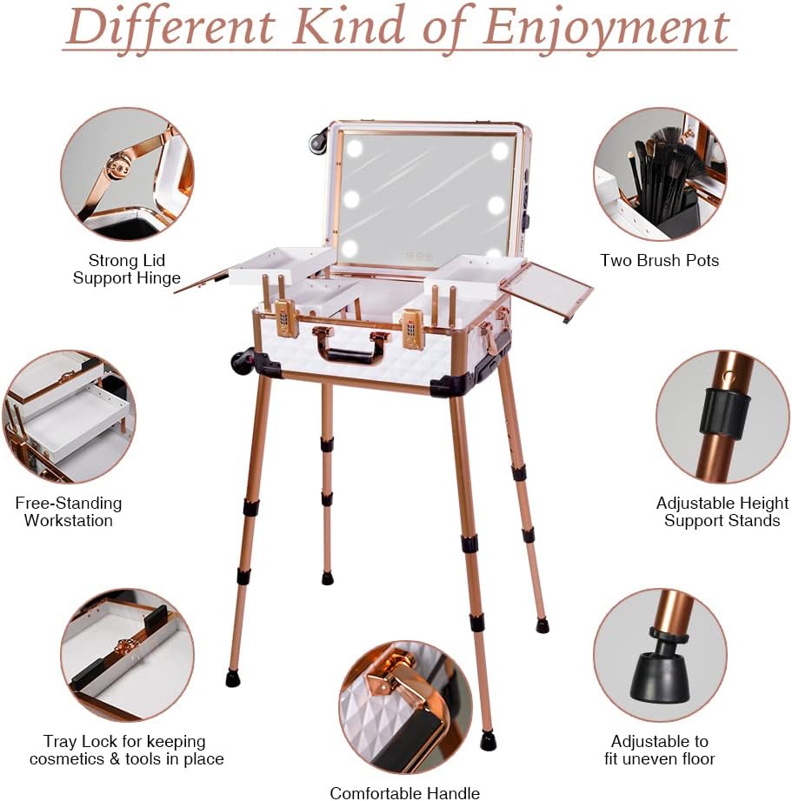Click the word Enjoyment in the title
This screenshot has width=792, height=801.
(x=606, y=28)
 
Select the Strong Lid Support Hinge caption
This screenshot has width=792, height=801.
(x=127, y=270)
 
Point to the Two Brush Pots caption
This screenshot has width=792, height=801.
(x=659, y=261)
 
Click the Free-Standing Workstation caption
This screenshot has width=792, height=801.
(x=69, y=512)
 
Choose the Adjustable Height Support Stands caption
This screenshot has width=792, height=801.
(x=722, y=512)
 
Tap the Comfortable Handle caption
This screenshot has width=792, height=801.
(x=405, y=793)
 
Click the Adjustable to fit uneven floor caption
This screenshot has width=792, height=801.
(x=659, y=750)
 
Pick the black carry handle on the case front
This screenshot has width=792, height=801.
(x=349, y=354)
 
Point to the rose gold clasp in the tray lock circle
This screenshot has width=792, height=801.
(x=123, y=648)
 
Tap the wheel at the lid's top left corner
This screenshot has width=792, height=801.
(x=316, y=140)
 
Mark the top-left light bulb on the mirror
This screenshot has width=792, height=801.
(x=354, y=150)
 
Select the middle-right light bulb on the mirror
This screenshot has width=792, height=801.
(x=496, y=205)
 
